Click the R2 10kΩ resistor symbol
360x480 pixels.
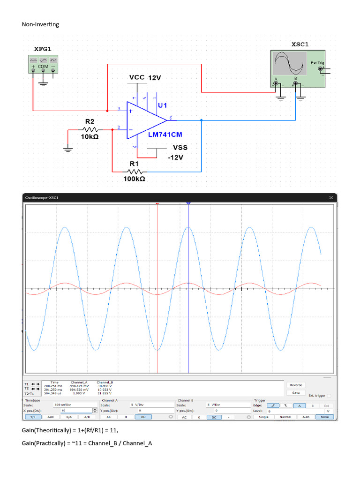[x=90, y=130]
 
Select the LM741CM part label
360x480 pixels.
[x=165, y=134]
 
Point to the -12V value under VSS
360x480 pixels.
[x=175, y=157]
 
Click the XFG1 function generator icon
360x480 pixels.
[x=43, y=64]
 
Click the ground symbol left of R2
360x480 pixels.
[x=68, y=150]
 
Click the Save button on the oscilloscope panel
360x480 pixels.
[x=296, y=393]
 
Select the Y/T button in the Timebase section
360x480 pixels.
[x=32, y=417]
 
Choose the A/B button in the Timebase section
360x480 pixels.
[x=86, y=417]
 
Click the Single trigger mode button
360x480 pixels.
[x=264, y=417]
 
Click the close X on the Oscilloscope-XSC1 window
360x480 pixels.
[x=331, y=198]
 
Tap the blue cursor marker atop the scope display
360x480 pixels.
[x=188, y=203]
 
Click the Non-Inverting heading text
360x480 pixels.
[x=40, y=24]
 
